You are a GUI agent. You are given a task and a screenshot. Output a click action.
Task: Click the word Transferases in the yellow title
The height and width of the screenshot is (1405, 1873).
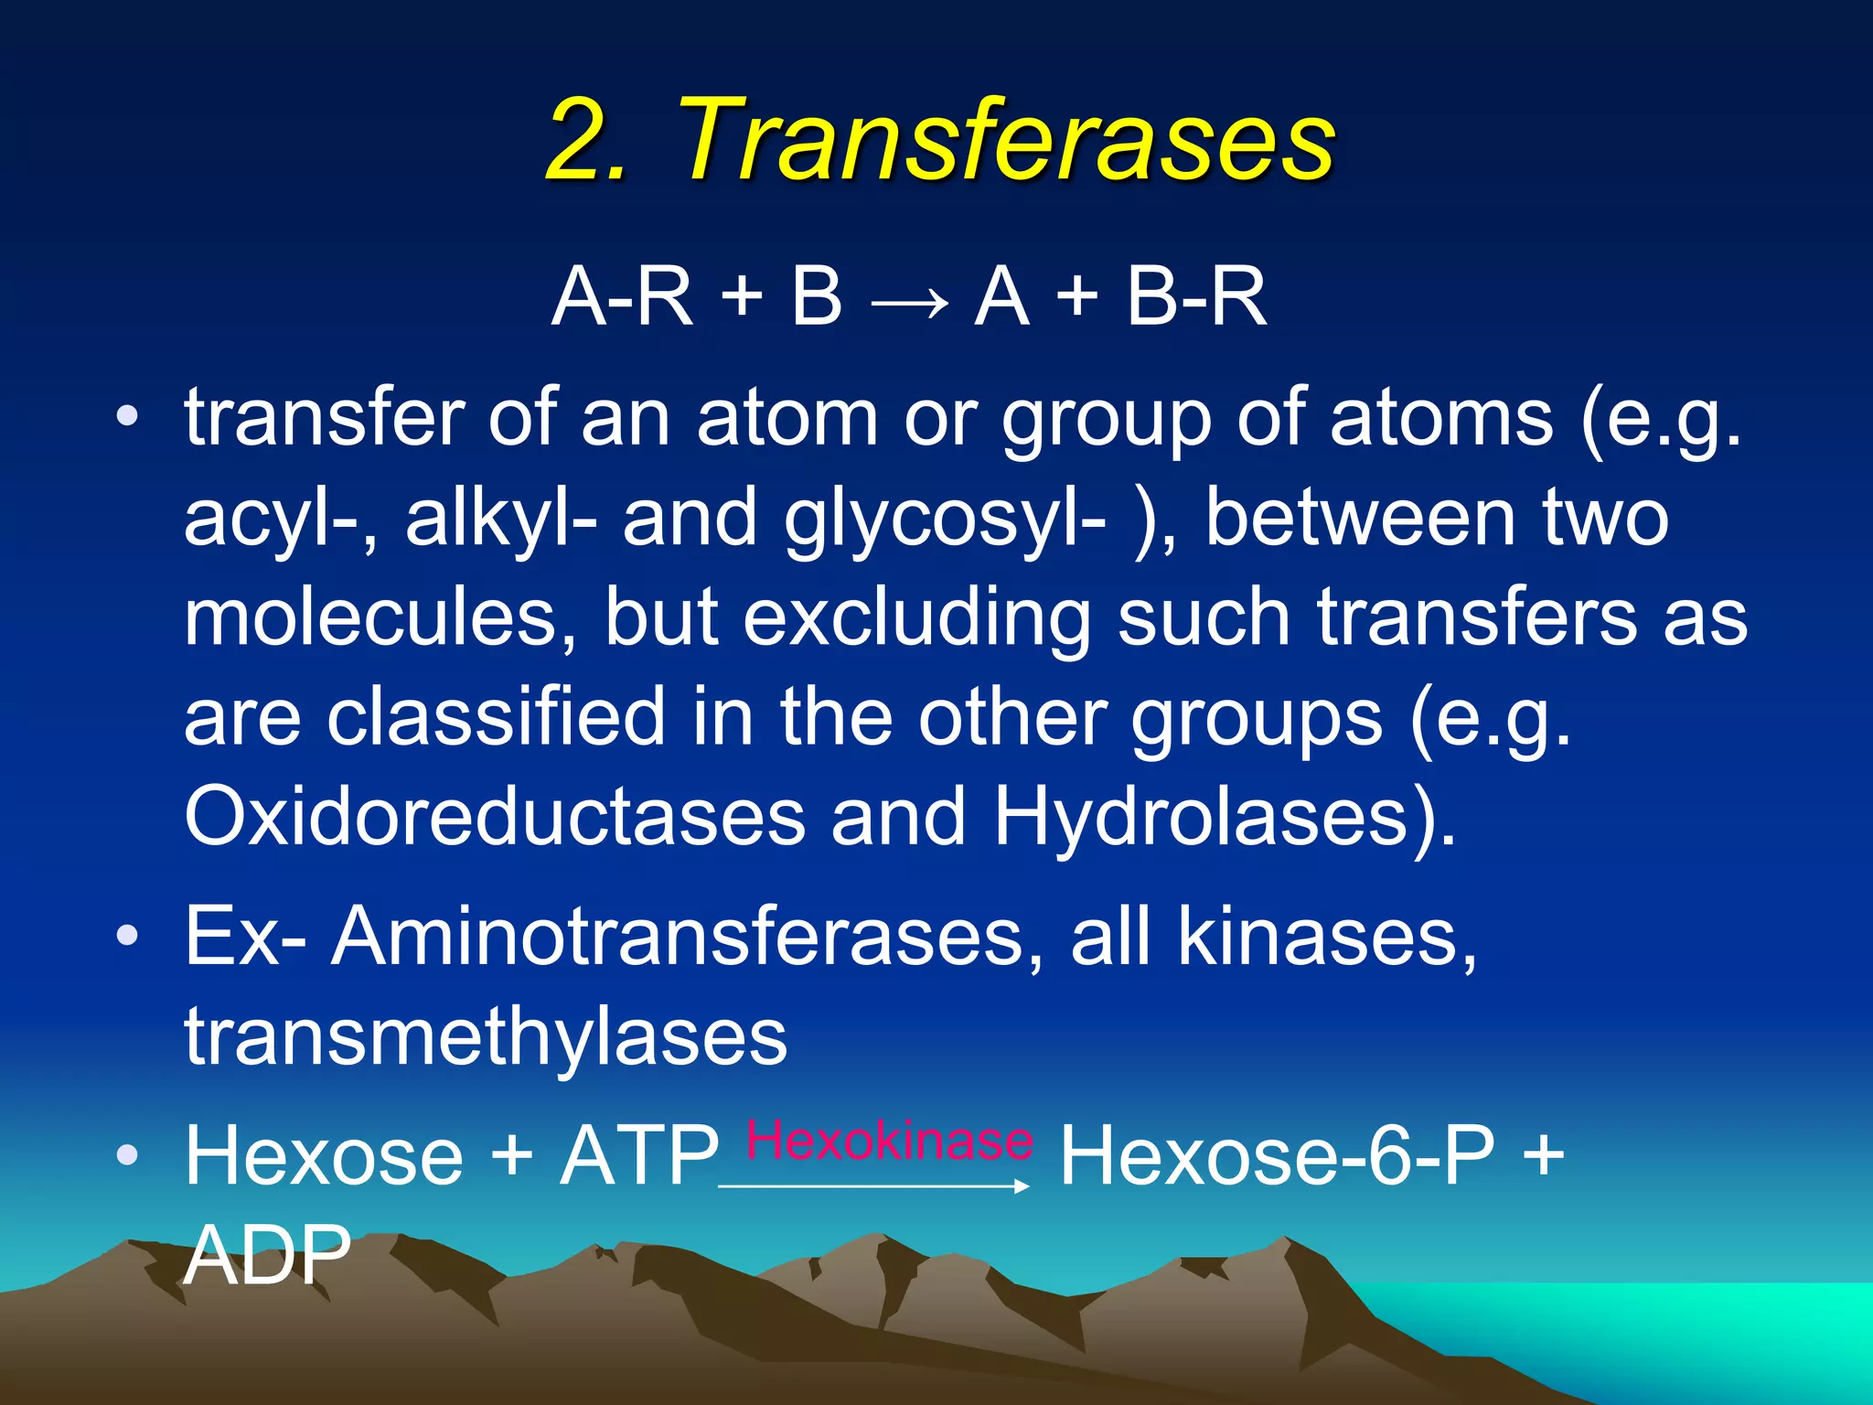click(x=1006, y=139)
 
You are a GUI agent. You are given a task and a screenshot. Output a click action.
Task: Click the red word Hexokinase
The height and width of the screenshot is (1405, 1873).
click(x=889, y=1141)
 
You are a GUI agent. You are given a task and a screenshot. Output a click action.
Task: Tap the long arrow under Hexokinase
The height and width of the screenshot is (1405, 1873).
click(x=874, y=1185)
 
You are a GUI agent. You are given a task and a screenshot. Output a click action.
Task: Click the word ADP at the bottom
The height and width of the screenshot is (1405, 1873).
click(x=267, y=1255)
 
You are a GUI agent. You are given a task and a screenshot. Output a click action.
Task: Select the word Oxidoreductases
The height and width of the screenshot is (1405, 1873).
click(x=495, y=815)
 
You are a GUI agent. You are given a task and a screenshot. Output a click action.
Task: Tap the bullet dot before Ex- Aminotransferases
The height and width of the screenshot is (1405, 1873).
click(x=127, y=936)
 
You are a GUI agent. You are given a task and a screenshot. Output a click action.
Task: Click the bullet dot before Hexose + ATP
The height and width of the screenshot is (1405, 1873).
click(x=127, y=1155)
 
